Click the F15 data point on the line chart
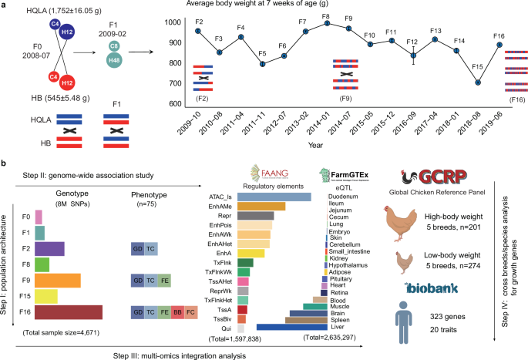[478, 82]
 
